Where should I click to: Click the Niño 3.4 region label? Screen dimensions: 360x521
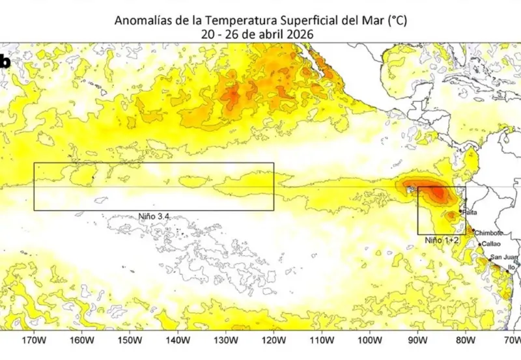pos(154,216)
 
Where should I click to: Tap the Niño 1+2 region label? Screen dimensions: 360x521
pos(443,240)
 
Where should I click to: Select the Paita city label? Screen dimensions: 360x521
pos(470,212)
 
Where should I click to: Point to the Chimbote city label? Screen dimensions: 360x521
pos(488,232)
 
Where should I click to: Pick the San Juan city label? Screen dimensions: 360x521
pos(504,257)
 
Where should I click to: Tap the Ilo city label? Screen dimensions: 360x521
pos(511,266)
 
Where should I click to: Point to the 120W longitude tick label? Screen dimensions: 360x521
pos(274,340)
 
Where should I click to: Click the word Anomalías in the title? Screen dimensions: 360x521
pos(142,20)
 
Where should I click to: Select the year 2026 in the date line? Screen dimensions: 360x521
pos(300,35)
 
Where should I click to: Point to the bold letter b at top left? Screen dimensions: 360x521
pos(5,62)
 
